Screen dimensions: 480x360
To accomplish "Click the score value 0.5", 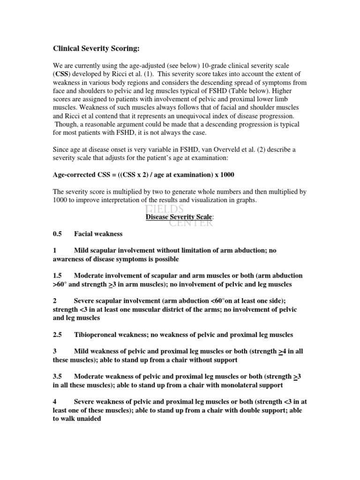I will [57, 234].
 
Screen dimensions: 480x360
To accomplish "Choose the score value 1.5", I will [57, 276].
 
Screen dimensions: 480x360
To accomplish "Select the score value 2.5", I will [57, 335].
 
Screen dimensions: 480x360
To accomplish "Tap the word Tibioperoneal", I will [97, 335].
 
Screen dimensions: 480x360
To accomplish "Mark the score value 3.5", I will [57, 376].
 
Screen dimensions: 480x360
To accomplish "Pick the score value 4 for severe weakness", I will [55, 402].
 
